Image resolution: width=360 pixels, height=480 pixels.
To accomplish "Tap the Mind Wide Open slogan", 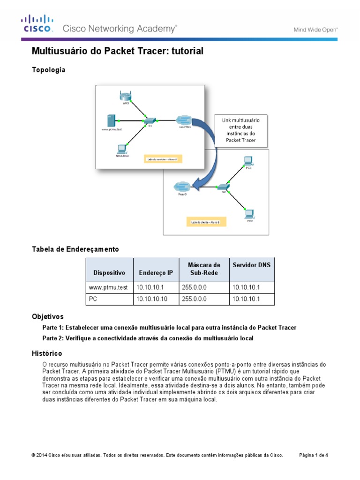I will [x=315, y=29].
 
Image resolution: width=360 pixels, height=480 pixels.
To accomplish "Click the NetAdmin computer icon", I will [x=122, y=149].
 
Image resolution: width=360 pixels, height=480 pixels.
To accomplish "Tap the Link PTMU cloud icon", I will [x=184, y=119].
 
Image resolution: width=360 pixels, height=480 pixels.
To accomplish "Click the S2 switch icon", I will [x=224, y=187].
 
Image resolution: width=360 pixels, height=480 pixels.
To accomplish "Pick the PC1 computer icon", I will [x=248, y=161].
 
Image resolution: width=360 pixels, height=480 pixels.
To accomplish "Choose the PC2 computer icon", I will [x=249, y=214].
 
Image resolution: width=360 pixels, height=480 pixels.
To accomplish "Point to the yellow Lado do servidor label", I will [x=162, y=159].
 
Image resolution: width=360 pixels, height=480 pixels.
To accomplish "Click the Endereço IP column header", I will [x=156, y=272].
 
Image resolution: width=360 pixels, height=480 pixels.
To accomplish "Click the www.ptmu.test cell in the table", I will [x=108, y=287].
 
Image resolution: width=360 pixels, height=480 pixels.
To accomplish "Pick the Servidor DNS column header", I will [x=251, y=265].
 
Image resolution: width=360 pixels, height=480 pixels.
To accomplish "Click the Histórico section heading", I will [x=46, y=353].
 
